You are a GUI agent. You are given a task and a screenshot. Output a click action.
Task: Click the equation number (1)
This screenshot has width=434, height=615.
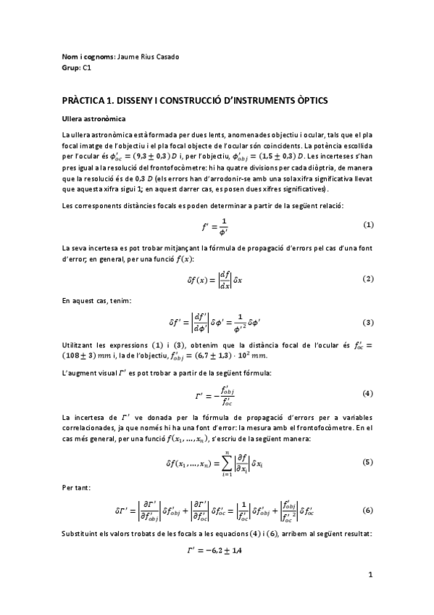click(368, 225)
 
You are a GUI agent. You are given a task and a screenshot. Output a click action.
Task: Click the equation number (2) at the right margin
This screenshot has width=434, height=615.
click(368, 278)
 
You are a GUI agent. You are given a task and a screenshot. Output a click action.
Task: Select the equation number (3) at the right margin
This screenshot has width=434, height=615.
click(368, 322)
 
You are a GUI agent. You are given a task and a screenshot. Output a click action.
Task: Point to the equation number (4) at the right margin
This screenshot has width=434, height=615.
click(368, 392)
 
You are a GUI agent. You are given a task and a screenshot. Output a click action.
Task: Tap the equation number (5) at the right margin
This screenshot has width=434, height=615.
click(368, 462)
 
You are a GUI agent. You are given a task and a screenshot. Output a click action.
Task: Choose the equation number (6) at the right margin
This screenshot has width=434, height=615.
click(368, 510)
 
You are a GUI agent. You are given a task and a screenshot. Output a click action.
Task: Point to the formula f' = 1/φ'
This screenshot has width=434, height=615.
click(216, 226)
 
